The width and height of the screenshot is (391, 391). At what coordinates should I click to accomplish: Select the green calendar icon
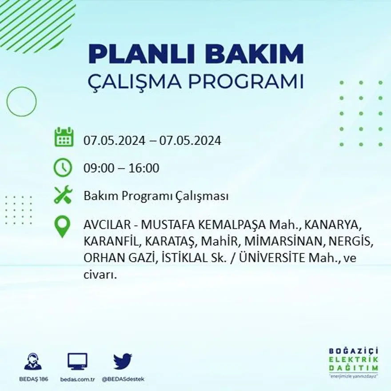tap(64, 137)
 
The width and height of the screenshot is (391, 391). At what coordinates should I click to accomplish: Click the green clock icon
tap(63, 168)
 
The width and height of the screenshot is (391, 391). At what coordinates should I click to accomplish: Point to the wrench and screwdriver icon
tap(63, 195)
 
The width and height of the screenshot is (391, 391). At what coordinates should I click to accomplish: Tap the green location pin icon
tap(62, 227)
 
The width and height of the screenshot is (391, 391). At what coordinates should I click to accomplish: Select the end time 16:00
tap(144, 168)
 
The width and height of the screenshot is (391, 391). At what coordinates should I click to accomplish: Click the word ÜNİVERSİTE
tap(272, 259)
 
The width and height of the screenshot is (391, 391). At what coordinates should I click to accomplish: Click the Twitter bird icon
tap(122, 361)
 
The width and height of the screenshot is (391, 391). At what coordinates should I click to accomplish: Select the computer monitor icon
tap(77, 361)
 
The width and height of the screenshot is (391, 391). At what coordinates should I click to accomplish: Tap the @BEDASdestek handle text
tap(123, 379)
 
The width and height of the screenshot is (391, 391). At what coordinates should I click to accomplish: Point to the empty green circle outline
tap(21, 102)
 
